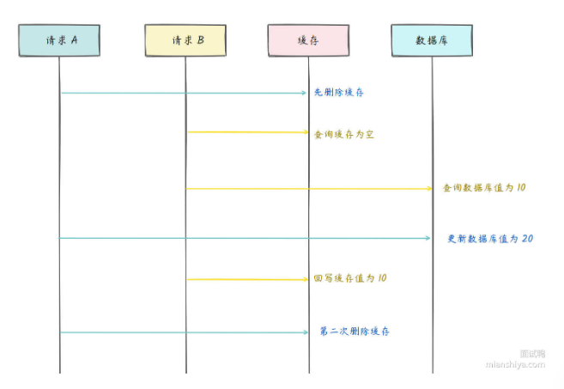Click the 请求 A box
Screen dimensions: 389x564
pos(60,40)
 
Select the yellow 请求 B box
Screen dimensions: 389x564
pos(185,40)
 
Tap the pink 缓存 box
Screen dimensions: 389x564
pos(307,40)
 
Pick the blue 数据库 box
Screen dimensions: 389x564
pos(432,40)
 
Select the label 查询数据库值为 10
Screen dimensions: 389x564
pos(483,187)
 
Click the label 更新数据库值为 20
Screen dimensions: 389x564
pos(490,238)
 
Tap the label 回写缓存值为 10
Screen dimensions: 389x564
pos(350,279)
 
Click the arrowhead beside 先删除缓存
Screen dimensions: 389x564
pos(304,93)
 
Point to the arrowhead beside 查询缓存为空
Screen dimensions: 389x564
pos(304,132)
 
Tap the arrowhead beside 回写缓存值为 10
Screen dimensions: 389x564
pos(304,279)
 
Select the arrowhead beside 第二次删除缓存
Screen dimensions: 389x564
pos(304,331)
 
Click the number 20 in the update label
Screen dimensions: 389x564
pos(527,238)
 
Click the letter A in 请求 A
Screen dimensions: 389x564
pos(74,40)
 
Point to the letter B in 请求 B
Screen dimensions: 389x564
pos(200,40)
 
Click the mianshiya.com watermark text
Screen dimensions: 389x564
pos(515,363)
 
